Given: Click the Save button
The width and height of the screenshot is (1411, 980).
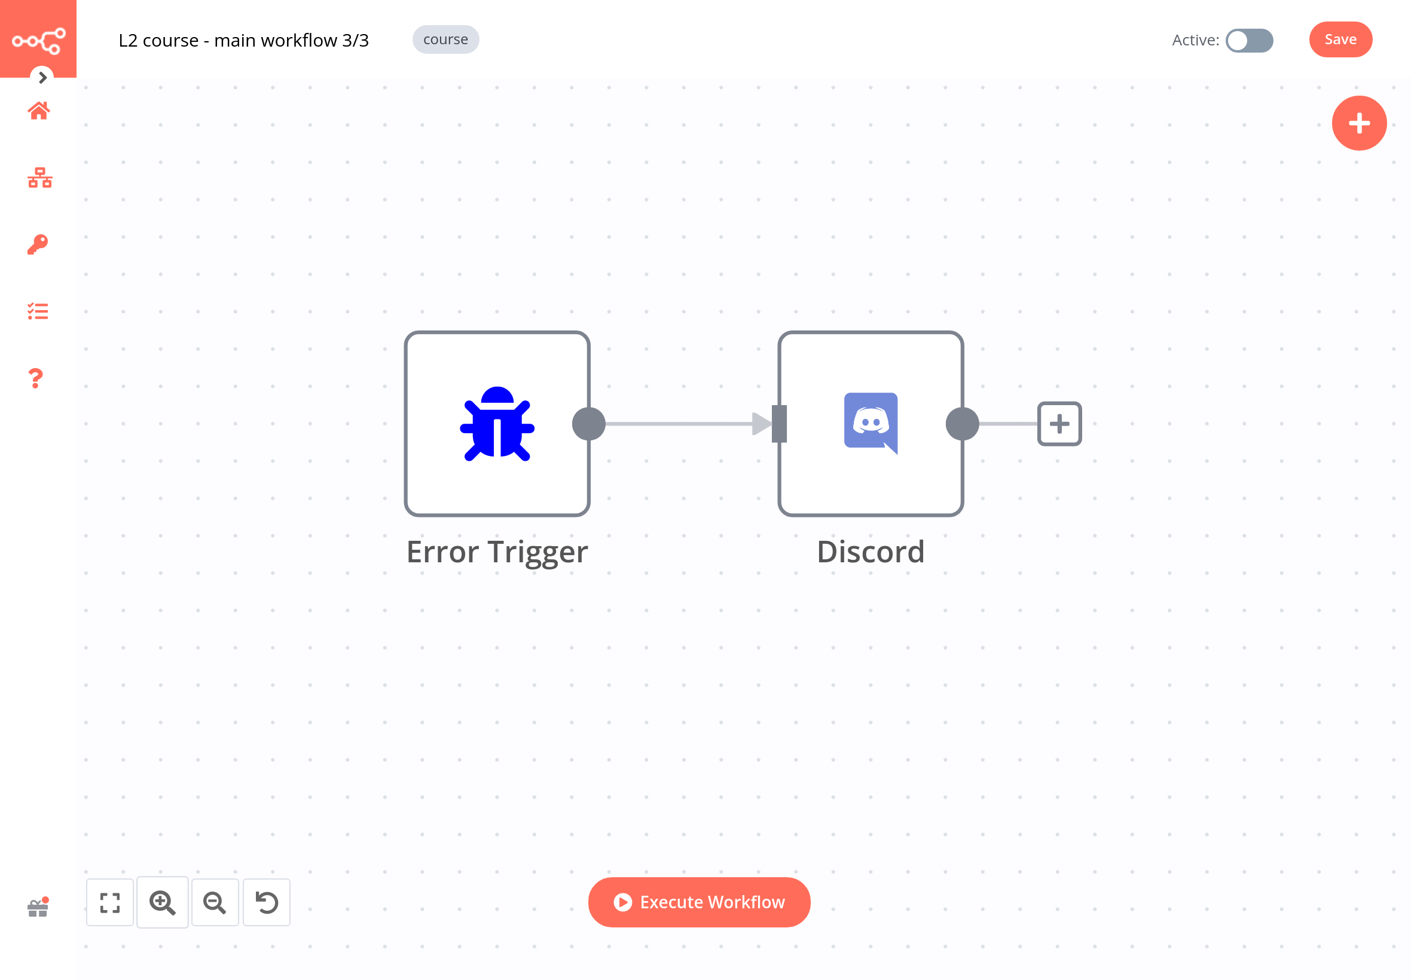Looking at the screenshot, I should pos(1340,40).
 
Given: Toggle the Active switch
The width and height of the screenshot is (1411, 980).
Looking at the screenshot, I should pos(1249,41).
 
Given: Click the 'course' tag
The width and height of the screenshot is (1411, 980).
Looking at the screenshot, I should pos(445,40).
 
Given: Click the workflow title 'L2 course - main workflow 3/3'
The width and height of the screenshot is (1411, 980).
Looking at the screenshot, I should pos(243,41).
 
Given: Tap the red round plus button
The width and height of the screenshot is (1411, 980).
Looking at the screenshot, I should pos(1358,124).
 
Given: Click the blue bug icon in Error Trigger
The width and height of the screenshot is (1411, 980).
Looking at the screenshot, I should pos(497,424).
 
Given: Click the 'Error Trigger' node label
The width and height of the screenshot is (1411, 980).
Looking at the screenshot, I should pos(497,552).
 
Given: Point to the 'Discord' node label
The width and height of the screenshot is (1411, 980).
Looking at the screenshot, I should pos(871,552).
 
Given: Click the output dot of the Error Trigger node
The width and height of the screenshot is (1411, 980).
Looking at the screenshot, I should pos(588,424).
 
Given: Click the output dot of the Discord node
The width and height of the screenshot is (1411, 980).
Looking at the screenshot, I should pos(962,424).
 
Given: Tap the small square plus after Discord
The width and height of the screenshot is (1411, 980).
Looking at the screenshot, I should pos(1059,424).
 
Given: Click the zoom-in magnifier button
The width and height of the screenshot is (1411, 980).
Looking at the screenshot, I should pos(162,902).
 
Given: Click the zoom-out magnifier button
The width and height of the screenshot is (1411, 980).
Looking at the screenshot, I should pos(215,902).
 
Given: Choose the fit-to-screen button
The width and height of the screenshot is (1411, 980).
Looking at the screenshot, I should pos(110,902).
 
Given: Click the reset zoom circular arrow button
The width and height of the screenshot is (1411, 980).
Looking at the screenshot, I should pos(267,902).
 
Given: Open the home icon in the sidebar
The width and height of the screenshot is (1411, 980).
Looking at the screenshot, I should pos(39,111).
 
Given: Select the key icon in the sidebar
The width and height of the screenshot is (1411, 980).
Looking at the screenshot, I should pos(38,244).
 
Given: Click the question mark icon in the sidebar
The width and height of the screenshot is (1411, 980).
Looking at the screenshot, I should pos(36,378).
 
